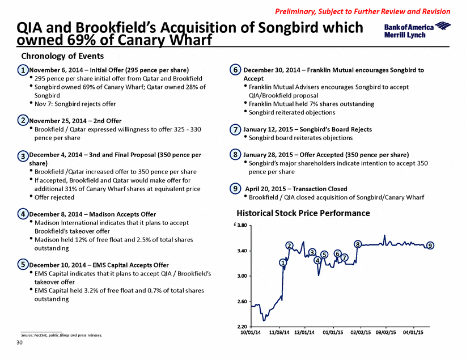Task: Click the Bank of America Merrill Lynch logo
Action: (x=417, y=30)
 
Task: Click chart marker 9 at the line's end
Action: (x=430, y=245)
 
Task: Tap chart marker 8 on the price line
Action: (x=358, y=244)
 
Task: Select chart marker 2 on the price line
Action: (x=290, y=245)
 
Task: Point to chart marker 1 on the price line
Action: (x=283, y=262)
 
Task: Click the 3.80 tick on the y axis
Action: (x=242, y=225)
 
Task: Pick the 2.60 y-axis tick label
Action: (x=242, y=302)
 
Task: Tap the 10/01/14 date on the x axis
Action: (x=251, y=332)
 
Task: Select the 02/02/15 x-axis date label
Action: (x=361, y=332)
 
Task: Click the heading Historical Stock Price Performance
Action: (x=303, y=213)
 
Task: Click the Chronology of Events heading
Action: (x=62, y=56)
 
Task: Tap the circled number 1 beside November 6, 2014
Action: (x=23, y=70)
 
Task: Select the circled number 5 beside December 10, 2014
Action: (x=23, y=265)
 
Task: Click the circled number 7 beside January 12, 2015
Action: (x=235, y=129)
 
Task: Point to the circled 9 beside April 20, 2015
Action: (x=235, y=189)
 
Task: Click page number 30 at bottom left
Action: (x=19, y=342)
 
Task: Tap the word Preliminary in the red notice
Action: (x=295, y=11)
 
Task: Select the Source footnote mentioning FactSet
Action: (x=62, y=335)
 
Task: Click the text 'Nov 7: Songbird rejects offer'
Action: (x=75, y=104)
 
